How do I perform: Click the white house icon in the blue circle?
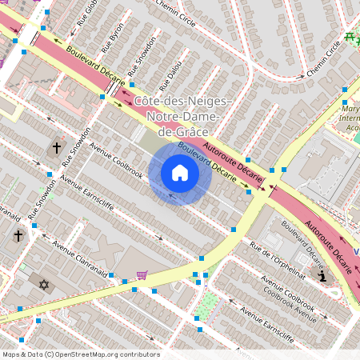pos(180,173)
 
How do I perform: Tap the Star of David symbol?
pos(44,285)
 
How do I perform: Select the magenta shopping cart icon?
pos(142,275)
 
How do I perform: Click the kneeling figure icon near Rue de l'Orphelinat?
pos(322,276)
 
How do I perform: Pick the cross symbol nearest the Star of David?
pos(18,236)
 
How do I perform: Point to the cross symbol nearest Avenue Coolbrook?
pos(56,148)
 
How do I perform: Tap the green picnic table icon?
pos(350,38)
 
